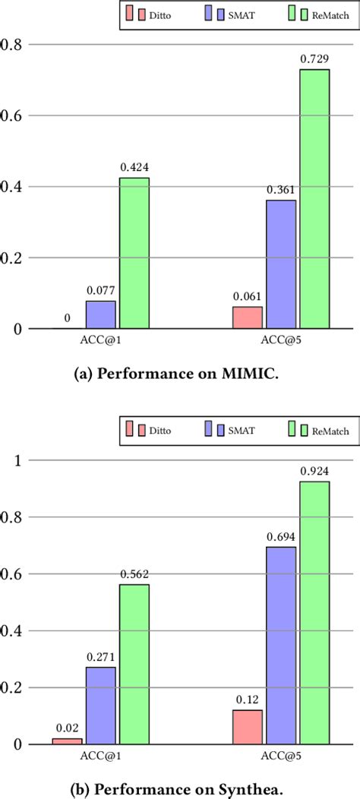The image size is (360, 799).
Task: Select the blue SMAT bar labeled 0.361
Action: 280,264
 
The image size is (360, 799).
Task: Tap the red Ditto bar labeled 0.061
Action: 247,317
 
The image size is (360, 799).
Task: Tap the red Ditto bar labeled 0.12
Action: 247,727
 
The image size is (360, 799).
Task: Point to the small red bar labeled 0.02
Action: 68,741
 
